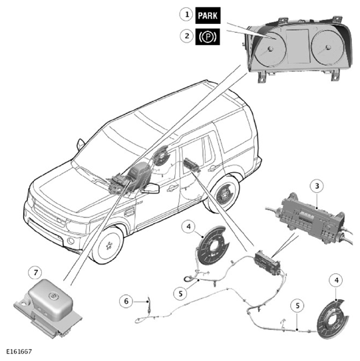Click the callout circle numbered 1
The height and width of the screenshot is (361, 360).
coord(186,15)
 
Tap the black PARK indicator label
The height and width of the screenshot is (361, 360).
coord(208,16)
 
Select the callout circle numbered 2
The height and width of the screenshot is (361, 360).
coord(186,36)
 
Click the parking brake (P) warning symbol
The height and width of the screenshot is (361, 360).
coord(208,37)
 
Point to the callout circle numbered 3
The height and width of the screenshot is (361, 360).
coord(317,185)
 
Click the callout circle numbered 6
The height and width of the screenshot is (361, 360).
coord(126,301)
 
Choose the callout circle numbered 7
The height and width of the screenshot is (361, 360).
coord(35,273)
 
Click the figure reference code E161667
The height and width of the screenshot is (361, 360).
coord(19,352)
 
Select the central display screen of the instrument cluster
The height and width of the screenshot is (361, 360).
coord(297,46)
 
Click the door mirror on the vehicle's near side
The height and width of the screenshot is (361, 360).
coord(150,188)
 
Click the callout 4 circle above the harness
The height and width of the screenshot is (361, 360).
coord(188,227)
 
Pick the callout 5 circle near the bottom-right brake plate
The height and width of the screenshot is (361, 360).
coord(297,306)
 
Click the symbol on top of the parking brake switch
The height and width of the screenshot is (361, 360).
coord(51,295)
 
